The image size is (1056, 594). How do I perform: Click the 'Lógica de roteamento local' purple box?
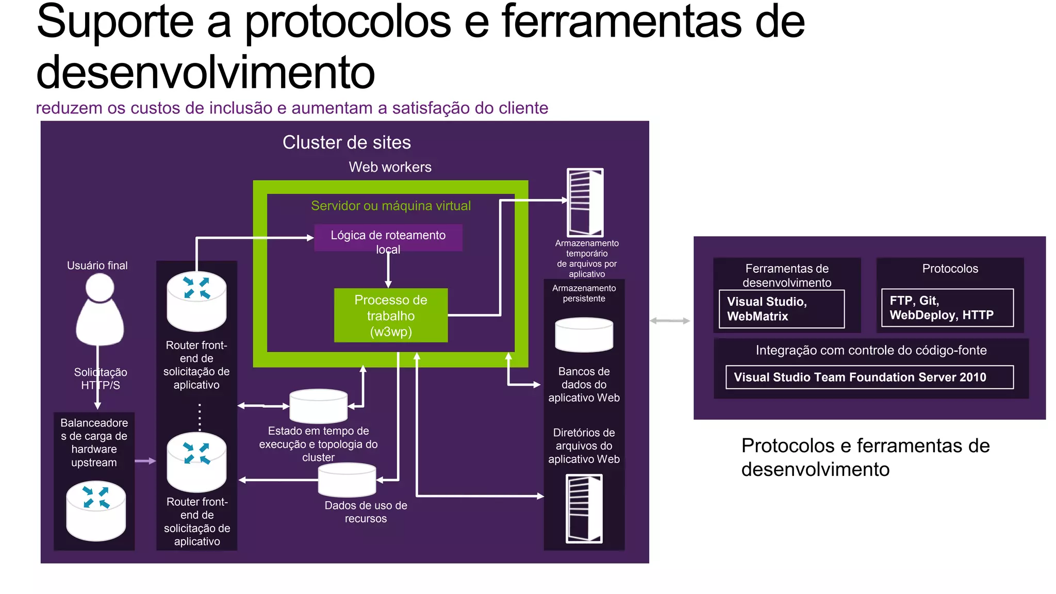click(x=388, y=237)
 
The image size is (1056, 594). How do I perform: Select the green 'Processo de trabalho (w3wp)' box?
click(x=390, y=315)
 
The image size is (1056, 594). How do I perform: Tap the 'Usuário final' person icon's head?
click(x=100, y=287)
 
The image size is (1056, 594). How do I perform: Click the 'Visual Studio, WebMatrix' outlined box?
click(x=781, y=309)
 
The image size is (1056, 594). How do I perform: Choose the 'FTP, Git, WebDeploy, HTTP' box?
click(x=947, y=308)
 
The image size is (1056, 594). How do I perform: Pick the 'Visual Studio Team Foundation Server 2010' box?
click(x=869, y=377)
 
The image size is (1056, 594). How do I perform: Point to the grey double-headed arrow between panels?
click(x=669, y=321)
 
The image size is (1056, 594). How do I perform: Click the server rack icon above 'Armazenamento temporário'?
click(x=585, y=202)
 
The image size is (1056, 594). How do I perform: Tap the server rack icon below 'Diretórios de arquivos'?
click(x=584, y=509)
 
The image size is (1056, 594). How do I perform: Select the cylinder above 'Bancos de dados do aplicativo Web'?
click(x=584, y=335)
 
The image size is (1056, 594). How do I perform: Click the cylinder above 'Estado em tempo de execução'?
click(x=318, y=406)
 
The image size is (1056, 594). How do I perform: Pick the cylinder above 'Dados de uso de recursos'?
click(x=346, y=480)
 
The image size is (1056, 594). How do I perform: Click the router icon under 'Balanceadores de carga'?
click(x=96, y=510)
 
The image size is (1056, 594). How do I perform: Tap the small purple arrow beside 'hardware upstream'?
click(x=145, y=460)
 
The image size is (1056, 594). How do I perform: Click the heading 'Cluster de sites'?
click(x=346, y=142)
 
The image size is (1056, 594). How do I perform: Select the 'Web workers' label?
click(x=390, y=167)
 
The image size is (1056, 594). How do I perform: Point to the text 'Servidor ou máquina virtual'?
click(x=390, y=206)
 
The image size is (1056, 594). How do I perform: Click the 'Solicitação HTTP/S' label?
click(x=100, y=378)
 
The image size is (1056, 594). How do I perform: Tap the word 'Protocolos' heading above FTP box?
click(x=950, y=269)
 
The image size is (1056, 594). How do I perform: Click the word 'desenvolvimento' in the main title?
click(x=205, y=72)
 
